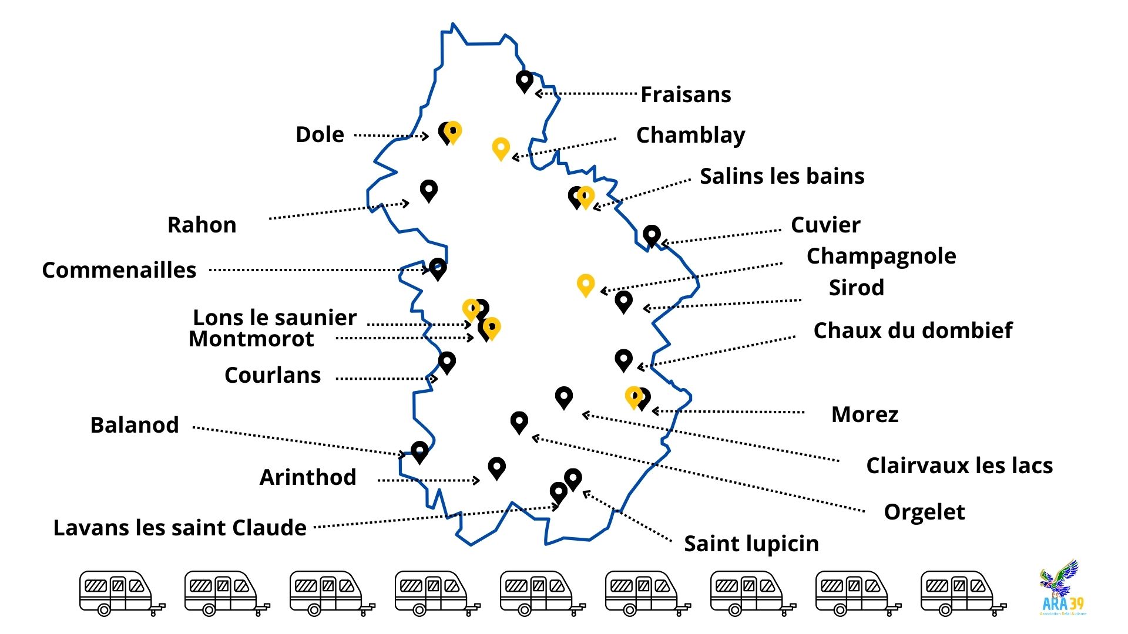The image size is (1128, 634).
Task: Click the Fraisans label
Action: click(x=686, y=95)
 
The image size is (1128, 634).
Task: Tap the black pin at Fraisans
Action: click(x=524, y=80)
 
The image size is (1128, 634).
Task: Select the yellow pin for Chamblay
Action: click(x=501, y=148)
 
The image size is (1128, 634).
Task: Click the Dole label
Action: click(x=320, y=134)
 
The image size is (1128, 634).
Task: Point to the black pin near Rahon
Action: click(x=429, y=190)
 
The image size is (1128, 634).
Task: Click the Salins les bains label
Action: click(x=782, y=176)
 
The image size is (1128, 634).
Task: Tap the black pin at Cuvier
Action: click(x=651, y=235)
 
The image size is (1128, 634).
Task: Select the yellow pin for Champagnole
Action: click(x=585, y=285)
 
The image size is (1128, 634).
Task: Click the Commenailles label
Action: click(x=119, y=270)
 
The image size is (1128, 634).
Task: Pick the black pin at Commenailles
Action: click(x=437, y=268)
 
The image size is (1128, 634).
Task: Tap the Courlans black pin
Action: click(x=446, y=362)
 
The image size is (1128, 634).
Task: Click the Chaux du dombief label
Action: click(x=912, y=331)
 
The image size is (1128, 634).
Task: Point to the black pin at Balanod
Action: click(x=419, y=451)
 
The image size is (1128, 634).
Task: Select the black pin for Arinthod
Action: click(x=496, y=467)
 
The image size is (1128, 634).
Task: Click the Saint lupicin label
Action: click(x=751, y=544)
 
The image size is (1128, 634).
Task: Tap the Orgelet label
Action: click(x=924, y=512)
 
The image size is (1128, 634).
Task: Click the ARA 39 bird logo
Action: click(x=1062, y=587)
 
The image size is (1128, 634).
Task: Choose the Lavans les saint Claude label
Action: click(x=180, y=528)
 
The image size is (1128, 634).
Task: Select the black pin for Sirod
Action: click(x=623, y=301)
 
